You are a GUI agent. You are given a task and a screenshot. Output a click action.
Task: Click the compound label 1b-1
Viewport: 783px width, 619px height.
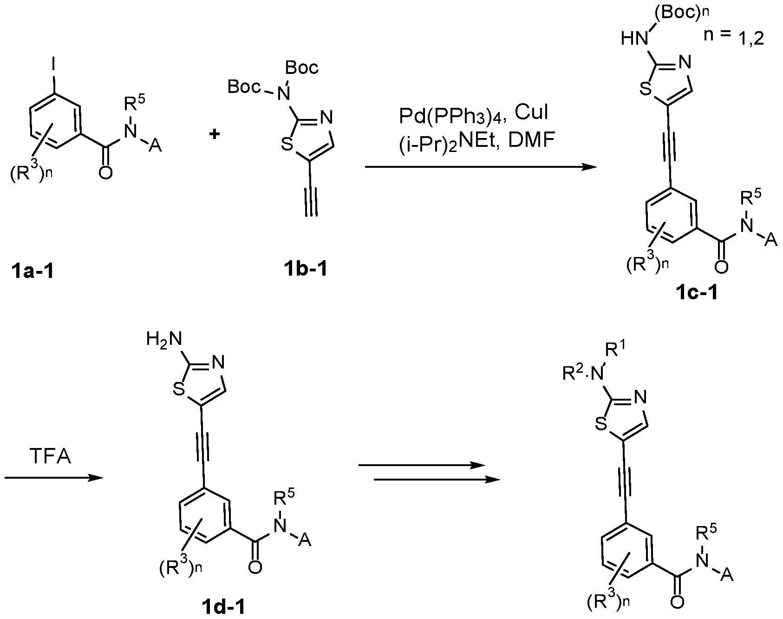tap(305, 269)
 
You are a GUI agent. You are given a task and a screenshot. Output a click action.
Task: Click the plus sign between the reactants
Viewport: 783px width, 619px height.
tap(215, 135)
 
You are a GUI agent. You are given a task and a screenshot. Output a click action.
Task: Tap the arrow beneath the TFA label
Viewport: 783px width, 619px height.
tap(53, 478)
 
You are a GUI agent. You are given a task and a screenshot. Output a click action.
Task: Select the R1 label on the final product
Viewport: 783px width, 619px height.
tap(623, 352)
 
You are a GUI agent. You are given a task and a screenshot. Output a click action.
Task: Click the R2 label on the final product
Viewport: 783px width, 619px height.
tap(572, 373)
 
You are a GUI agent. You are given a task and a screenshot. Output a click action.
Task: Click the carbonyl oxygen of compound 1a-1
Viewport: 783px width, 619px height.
tap(105, 173)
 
